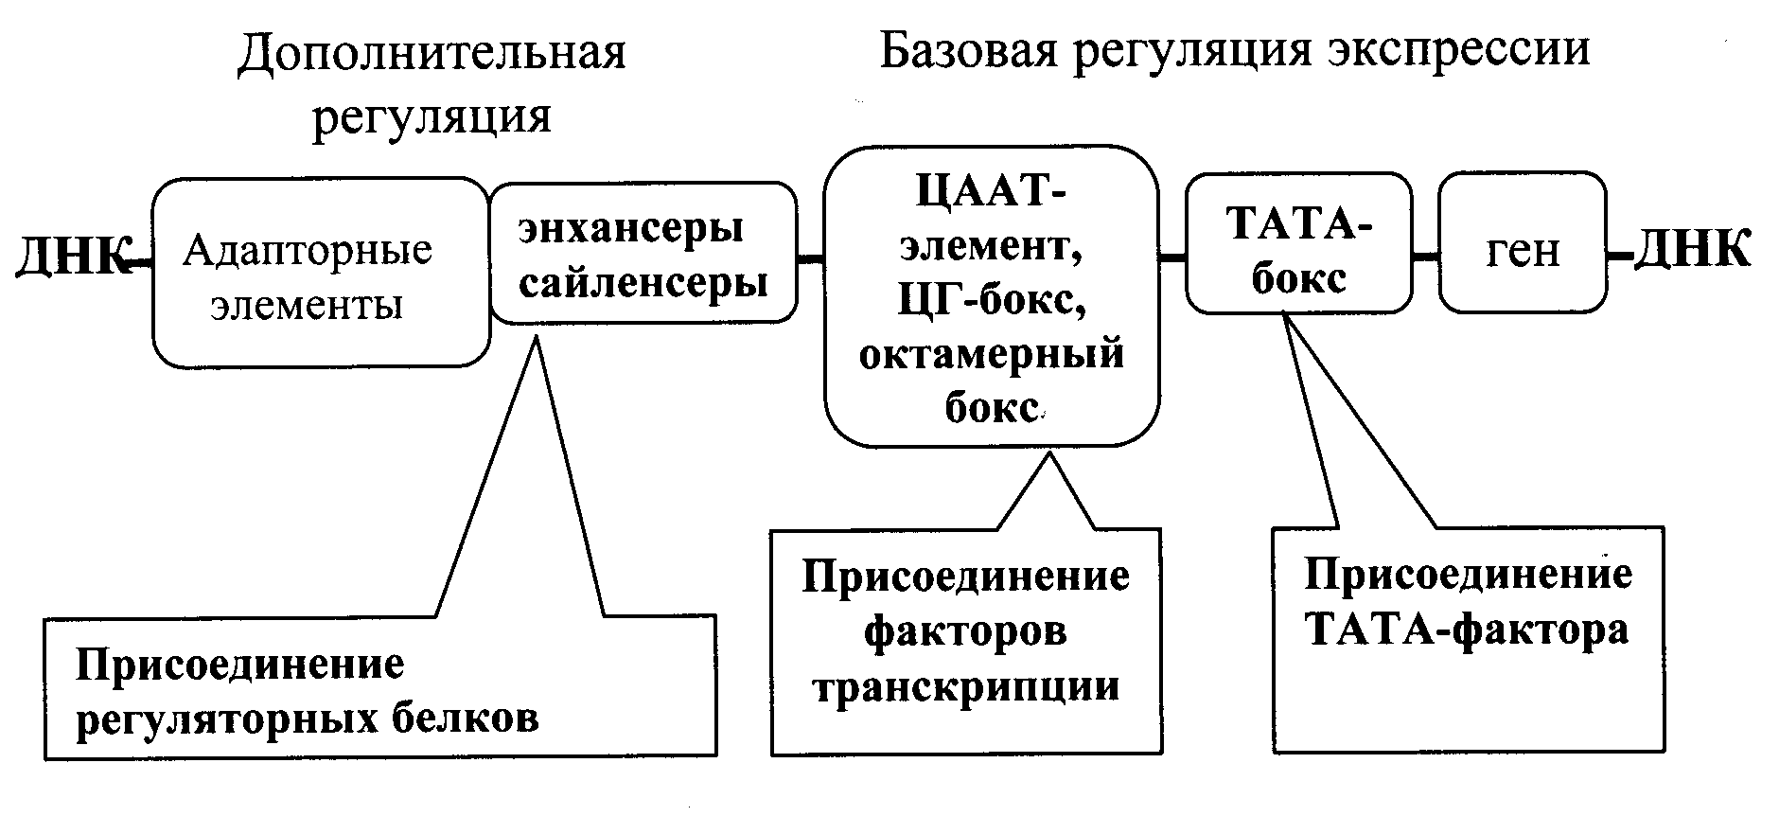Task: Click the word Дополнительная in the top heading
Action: (x=432, y=55)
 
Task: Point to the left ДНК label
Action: (x=71, y=255)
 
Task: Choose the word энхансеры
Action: (x=630, y=229)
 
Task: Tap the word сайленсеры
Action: (x=643, y=282)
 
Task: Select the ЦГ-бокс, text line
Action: (x=991, y=302)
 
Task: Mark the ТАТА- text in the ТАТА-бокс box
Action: (x=1298, y=225)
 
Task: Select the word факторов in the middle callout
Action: (x=966, y=630)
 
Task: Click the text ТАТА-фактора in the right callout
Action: (x=1468, y=630)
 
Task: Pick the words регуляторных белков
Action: (x=307, y=719)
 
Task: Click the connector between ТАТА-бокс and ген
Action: (x=1425, y=256)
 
